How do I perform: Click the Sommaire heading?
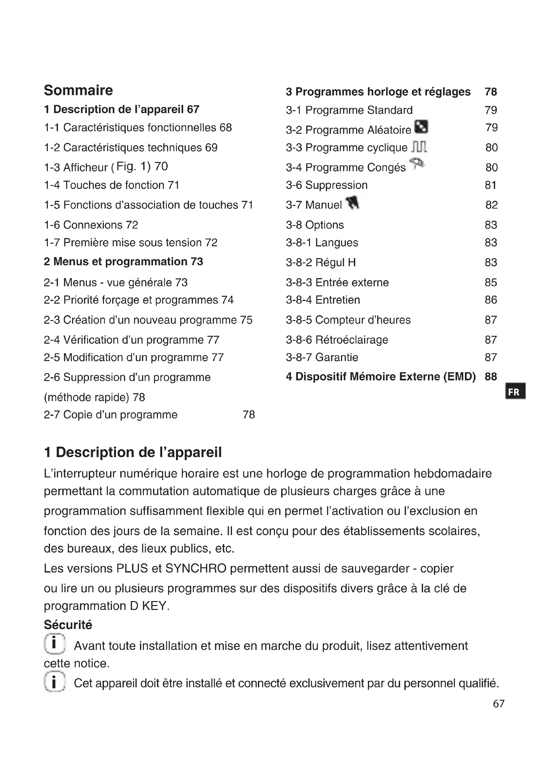click(78, 90)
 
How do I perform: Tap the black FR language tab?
click(516, 392)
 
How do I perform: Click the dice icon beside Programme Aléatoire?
click(421, 127)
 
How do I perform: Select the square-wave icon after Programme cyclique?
click(419, 147)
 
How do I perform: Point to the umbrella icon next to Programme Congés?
click(417, 164)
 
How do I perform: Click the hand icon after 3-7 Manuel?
click(353, 202)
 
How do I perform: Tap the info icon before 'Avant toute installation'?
click(54, 643)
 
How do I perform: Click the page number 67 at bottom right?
click(498, 704)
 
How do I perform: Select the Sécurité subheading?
click(68, 625)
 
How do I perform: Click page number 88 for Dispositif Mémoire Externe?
click(491, 376)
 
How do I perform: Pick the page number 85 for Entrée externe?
click(491, 282)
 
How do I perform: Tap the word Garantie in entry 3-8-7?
click(337, 357)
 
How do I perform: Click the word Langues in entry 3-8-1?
click(337, 243)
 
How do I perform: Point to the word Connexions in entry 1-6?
click(93, 225)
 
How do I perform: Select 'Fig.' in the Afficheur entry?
click(126, 166)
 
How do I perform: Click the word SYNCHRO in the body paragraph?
click(196, 568)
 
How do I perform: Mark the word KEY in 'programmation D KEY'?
click(154, 606)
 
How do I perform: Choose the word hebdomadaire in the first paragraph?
click(452, 474)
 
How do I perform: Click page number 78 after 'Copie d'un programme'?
click(249, 414)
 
